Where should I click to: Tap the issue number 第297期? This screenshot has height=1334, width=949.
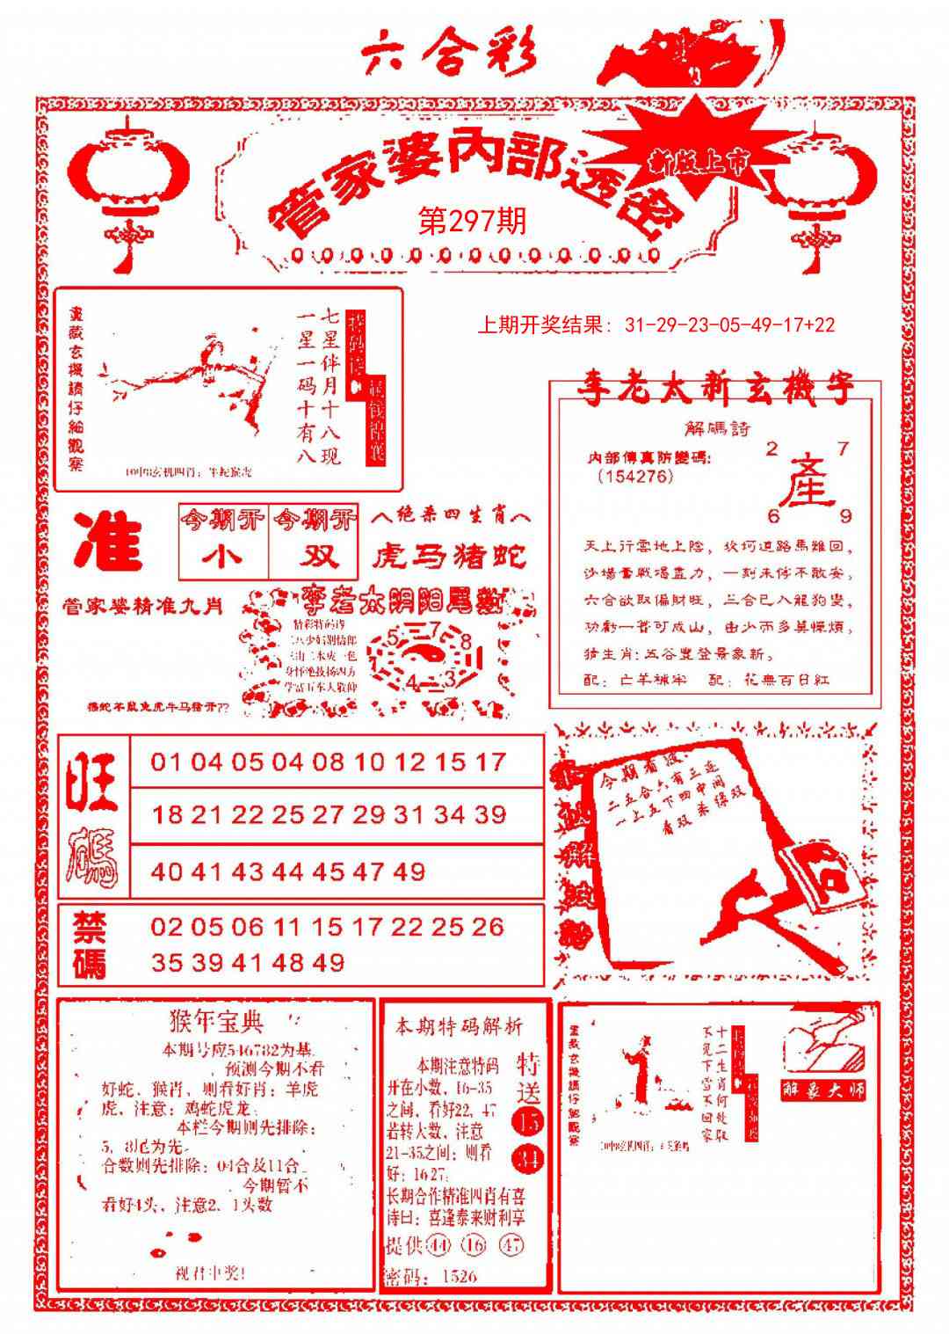(x=472, y=220)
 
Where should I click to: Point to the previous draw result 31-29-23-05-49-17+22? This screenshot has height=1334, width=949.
(x=656, y=324)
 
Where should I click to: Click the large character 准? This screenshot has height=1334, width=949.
(x=108, y=541)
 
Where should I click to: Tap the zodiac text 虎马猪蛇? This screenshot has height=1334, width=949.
(x=450, y=556)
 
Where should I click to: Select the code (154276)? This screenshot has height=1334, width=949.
(x=634, y=477)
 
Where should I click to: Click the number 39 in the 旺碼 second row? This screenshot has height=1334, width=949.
(x=490, y=814)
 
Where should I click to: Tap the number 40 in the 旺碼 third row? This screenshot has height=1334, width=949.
(x=167, y=871)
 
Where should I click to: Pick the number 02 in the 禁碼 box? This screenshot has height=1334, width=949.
(x=167, y=926)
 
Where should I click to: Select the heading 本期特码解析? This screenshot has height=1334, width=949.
(x=459, y=1026)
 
